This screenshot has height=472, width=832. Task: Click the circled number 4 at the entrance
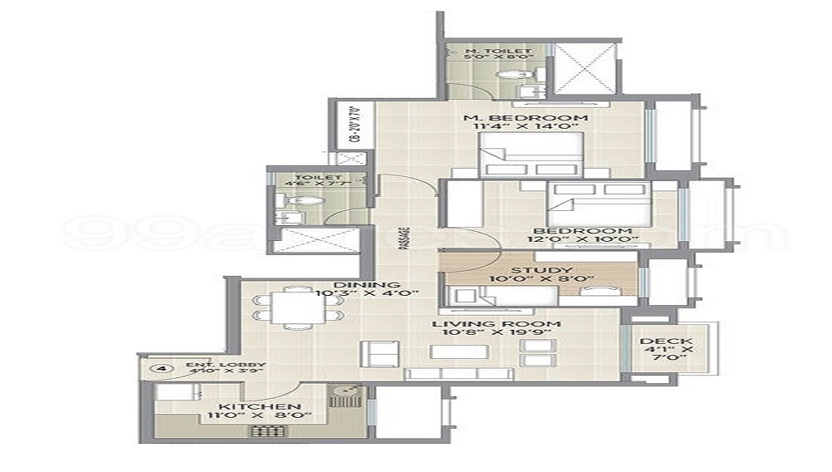[x=159, y=367]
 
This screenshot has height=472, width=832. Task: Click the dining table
[x=298, y=307]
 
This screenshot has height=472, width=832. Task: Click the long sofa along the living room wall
[x=458, y=375]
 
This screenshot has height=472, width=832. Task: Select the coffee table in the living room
[x=458, y=352]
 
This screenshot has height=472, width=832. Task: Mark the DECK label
[x=662, y=341]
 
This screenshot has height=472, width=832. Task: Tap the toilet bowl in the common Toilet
[x=305, y=201]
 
